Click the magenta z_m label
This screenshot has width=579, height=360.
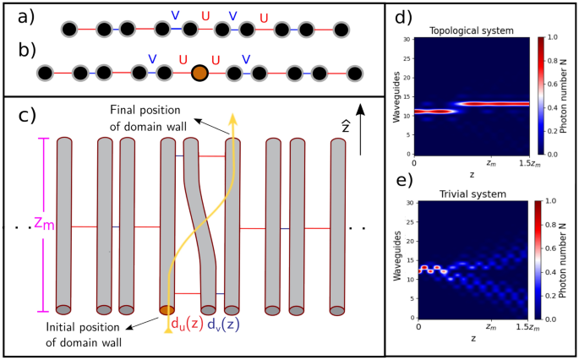[45, 223]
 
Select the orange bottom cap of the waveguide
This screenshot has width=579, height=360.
[167, 310]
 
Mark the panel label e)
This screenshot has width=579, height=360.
[402, 180]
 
